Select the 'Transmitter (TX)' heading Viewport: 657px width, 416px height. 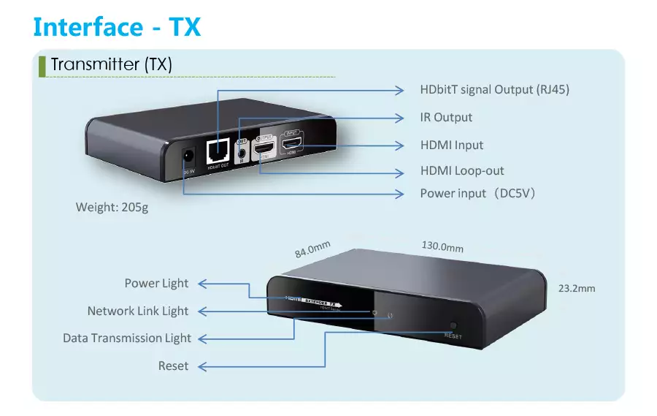[111, 64]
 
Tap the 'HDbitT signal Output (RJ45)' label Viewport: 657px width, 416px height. [494, 90]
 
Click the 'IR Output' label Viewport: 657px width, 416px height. [446, 118]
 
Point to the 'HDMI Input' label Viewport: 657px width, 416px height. [452, 145]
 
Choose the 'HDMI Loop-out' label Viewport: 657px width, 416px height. [462, 171]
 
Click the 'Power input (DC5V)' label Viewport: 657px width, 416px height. [479, 194]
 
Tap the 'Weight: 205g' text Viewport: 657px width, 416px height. [112, 208]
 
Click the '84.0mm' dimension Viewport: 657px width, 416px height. [312, 249]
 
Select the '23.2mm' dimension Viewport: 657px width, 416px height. [577, 288]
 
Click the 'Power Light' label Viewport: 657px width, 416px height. [156, 284]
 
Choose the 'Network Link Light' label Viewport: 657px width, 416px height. [138, 311]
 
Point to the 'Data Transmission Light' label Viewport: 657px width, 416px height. [127, 339]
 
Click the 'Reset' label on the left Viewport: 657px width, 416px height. [173, 366]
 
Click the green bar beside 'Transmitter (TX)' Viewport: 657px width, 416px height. [42, 64]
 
